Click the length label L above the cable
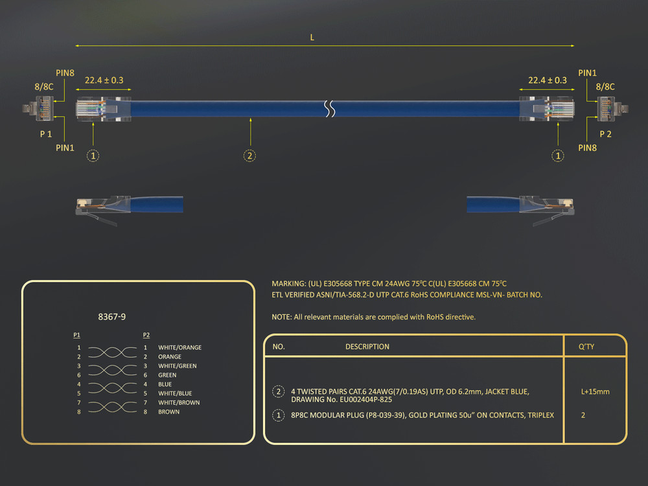pyautogui.click(x=312, y=38)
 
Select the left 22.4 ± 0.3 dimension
pyautogui.click(x=104, y=80)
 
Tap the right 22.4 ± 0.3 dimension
pyautogui.click(x=548, y=80)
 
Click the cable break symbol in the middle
pyautogui.click(x=329, y=109)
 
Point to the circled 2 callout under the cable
pyautogui.click(x=249, y=156)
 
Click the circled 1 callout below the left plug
pyautogui.click(x=93, y=156)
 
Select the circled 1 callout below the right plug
pyautogui.click(x=558, y=156)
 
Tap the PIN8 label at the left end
pyautogui.click(x=65, y=73)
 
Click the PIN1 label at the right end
pyautogui.click(x=587, y=73)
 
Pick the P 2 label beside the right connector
pyautogui.click(x=605, y=134)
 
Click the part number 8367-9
pyautogui.click(x=112, y=317)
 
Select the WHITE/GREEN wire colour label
pyautogui.click(x=178, y=365)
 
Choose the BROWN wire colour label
pyautogui.click(x=168, y=411)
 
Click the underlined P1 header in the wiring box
pyautogui.click(x=76, y=335)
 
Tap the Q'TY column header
pyautogui.click(x=586, y=347)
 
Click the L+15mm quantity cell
pyautogui.click(x=595, y=392)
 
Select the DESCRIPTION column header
pyautogui.click(x=367, y=347)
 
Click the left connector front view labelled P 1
pyautogui.click(x=38, y=108)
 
